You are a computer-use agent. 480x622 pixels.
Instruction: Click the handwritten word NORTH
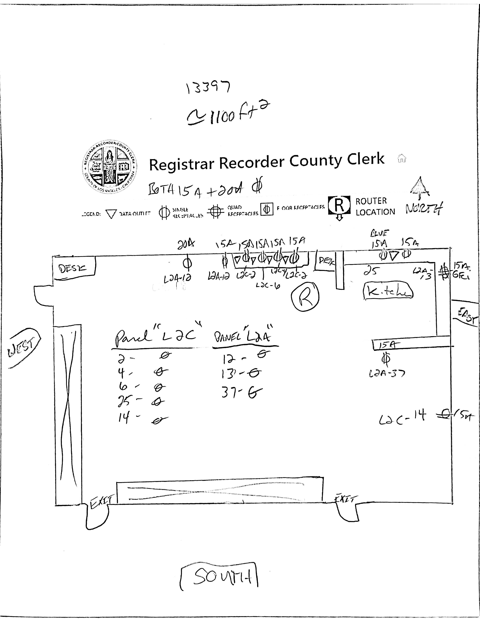424,209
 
